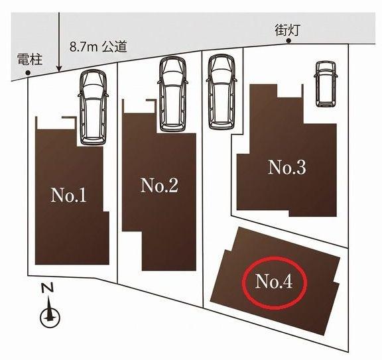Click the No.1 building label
[68, 195]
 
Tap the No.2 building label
[159, 186]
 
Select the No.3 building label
[286, 167]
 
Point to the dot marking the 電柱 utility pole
[28, 72]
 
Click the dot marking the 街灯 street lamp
[288, 41]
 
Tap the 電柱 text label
[30, 60]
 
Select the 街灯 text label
[287, 30]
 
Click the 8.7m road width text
[84, 47]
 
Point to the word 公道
[115, 46]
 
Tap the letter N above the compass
[47, 288]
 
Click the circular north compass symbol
[50, 317]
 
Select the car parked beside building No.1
[93, 107]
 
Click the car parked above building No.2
[173, 94]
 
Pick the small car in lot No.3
[326, 84]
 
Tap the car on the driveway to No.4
[222, 91]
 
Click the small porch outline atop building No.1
[56, 123]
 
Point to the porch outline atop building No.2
[139, 106]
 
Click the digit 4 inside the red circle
[287, 282]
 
